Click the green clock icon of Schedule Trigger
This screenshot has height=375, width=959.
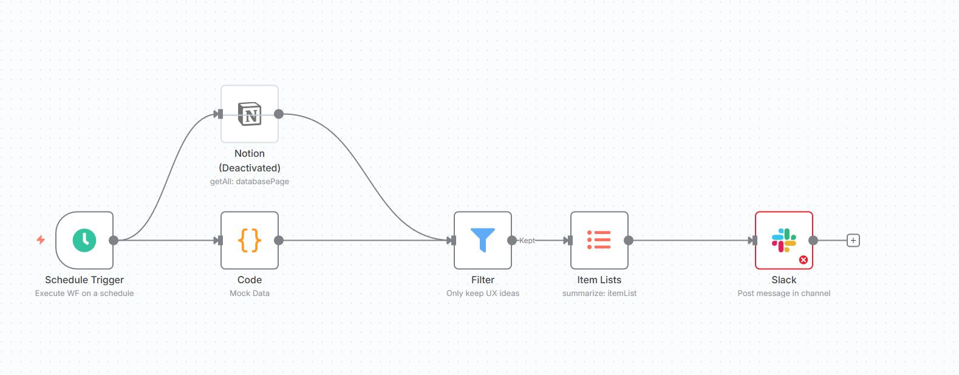[x=84, y=240]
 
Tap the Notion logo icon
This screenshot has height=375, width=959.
[x=250, y=114]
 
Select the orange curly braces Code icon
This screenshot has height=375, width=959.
[x=250, y=240]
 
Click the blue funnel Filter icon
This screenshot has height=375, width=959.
[x=483, y=239]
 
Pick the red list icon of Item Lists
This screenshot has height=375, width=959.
[x=599, y=240]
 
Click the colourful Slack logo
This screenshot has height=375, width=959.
[x=784, y=240]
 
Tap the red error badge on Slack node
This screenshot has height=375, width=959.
[x=804, y=260]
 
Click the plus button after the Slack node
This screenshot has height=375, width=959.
[x=853, y=241]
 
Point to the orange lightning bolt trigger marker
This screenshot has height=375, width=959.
[x=41, y=240]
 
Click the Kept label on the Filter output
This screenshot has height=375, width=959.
[x=527, y=241]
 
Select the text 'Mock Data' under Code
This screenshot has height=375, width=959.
[x=250, y=293]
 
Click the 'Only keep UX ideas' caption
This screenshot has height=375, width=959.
[x=483, y=293]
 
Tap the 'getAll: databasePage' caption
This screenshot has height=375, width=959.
[x=250, y=181]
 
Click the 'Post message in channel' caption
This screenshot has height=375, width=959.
[x=784, y=293]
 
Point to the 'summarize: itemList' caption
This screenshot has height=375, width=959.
[x=599, y=293]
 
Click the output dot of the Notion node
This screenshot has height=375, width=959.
[x=279, y=114]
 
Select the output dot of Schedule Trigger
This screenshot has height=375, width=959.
[x=114, y=241]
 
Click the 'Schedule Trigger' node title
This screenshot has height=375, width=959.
[x=84, y=280]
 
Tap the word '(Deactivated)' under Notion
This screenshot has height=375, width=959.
[x=250, y=168]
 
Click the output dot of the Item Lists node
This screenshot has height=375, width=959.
[x=629, y=241]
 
